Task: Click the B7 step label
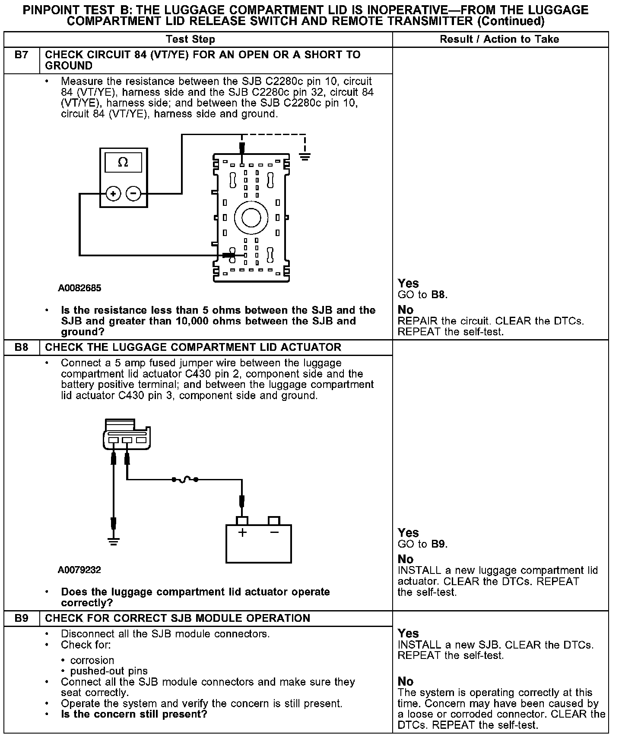tap(21, 55)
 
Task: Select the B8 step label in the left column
tap(21, 347)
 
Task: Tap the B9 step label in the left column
tap(21, 618)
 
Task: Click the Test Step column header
tap(190, 39)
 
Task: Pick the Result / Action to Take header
tap(499, 39)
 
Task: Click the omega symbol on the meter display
tap(123, 163)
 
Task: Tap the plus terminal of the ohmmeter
tap(113, 194)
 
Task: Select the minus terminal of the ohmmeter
tap(133, 194)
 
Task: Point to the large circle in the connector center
tap(251, 218)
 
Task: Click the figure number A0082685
tap(79, 288)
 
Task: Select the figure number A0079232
tap(79, 570)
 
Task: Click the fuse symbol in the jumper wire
tap(185, 479)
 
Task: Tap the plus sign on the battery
tap(242, 532)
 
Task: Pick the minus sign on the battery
tap(274, 532)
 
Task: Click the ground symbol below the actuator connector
tap(113, 541)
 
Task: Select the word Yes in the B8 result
tap(408, 533)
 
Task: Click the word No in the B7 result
tap(405, 310)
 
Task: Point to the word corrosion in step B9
tap(92, 660)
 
